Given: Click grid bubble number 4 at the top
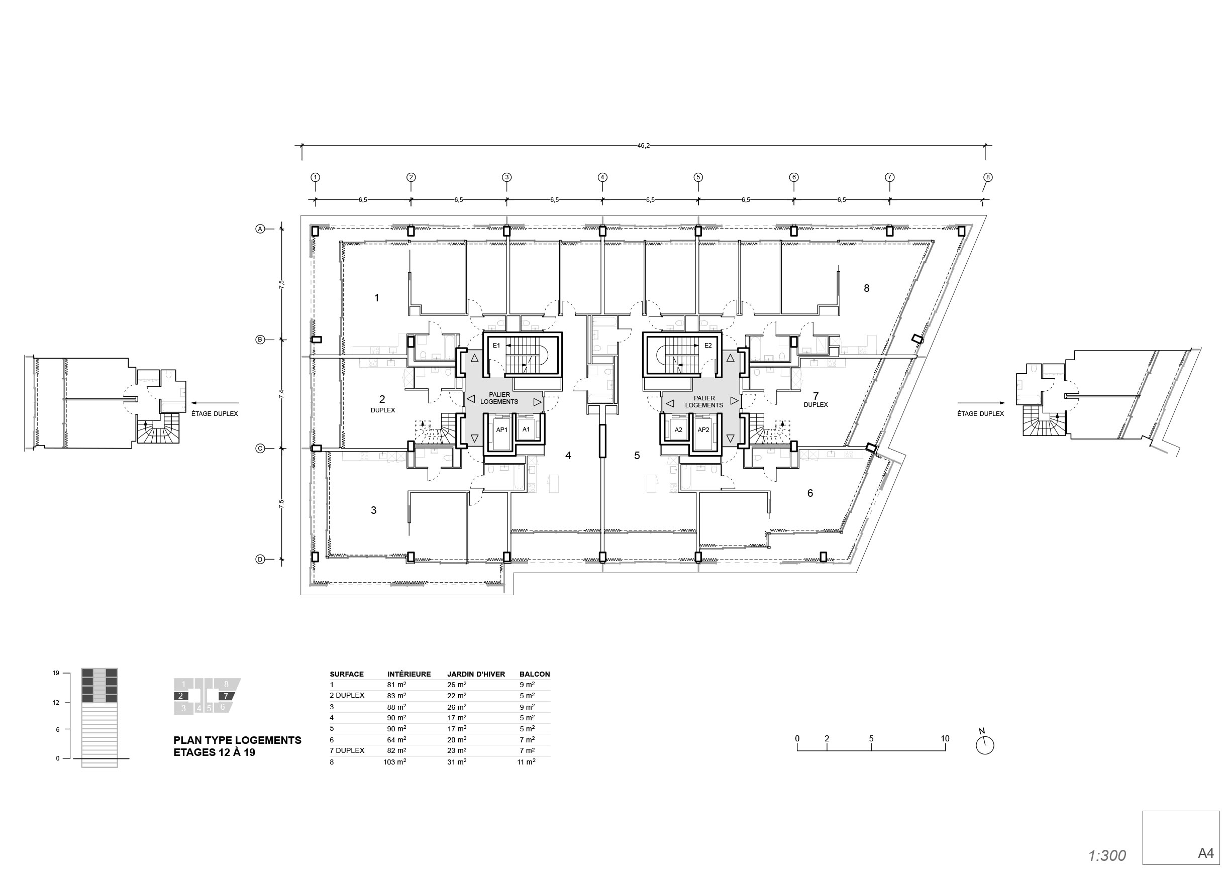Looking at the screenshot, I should click(602, 177).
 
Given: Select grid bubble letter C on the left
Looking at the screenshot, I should click(260, 448).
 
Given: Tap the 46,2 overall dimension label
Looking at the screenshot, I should click(644, 146).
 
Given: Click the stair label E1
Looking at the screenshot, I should click(496, 346).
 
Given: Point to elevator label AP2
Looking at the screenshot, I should click(703, 430).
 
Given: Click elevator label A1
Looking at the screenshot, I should click(526, 429).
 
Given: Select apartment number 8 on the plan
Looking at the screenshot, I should click(866, 288).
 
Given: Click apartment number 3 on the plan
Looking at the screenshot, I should click(373, 510).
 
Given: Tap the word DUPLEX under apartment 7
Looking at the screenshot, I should click(815, 405).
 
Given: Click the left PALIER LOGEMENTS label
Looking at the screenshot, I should click(499, 398).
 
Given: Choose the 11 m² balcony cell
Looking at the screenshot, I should click(526, 762).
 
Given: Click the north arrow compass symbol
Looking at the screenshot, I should click(985, 744).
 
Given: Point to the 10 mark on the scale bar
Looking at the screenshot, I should click(944, 739).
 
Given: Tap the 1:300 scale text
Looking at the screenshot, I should click(1107, 855).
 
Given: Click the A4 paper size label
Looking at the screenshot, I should click(1205, 853).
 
